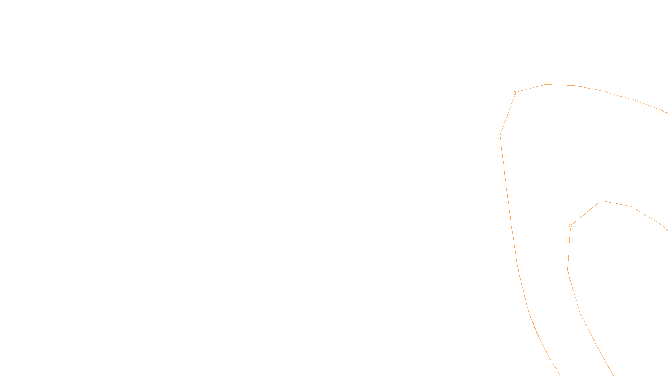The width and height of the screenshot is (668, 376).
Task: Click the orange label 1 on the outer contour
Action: pyautogui.click(x=515, y=93)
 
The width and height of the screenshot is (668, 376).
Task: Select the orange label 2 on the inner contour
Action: pyautogui.click(x=570, y=226)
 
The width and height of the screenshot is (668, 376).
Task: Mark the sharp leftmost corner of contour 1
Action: pyautogui.click(x=500, y=135)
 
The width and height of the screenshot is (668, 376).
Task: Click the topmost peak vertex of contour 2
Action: pyautogui.click(x=601, y=201)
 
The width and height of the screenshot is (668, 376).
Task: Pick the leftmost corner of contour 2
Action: pyautogui.click(x=568, y=269)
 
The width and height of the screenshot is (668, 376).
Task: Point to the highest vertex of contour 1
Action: pyautogui.click(x=545, y=84)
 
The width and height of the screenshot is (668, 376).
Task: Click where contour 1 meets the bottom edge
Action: pyautogui.click(x=560, y=375)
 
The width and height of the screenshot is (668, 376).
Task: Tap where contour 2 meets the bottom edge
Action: pyautogui.click(x=613, y=375)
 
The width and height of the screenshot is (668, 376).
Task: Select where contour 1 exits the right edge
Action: pyautogui.click(x=667, y=113)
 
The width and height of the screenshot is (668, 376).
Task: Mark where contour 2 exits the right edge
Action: pyautogui.click(x=667, y=230)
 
